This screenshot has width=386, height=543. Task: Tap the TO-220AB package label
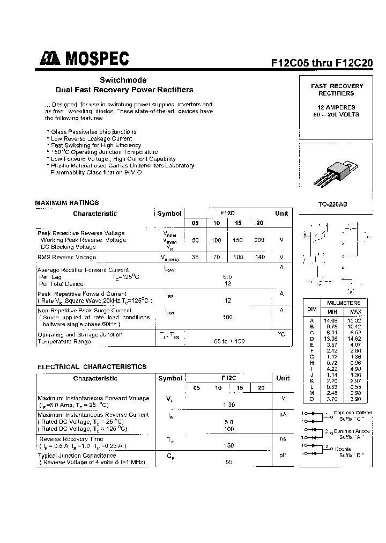point(332,204)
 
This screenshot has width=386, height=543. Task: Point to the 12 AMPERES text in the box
point(337,107)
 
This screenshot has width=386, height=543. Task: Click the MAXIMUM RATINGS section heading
point(67,203)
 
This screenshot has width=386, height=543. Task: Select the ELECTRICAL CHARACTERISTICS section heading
point(92,367)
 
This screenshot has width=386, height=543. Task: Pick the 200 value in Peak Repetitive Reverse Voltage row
point(259,240)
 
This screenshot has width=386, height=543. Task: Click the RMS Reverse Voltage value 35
point(195,258)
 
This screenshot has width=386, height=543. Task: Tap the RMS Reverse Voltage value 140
point(260,258)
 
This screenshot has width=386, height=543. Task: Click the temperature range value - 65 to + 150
point(228,342)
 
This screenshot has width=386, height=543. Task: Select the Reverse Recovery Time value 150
point(229,445)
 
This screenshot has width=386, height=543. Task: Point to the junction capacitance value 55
point(229,462)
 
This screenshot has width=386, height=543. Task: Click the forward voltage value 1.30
point(229,405)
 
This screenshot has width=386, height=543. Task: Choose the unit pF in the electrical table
point(283,456)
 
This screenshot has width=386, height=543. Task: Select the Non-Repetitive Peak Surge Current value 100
point(228,317)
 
